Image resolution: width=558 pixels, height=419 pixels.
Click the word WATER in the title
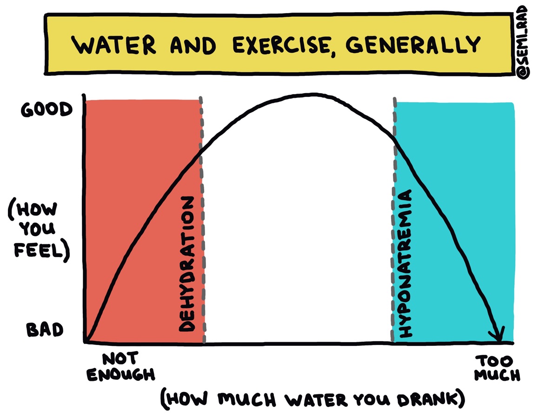(x=111, y=45)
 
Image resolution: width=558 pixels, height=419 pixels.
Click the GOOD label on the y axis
(x=46, y=110)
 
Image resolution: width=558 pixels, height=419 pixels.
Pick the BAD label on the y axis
(x=45, y=330)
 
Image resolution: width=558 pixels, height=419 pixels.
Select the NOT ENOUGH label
(x=120, y=367)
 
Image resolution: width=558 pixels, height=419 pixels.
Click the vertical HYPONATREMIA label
(x=405, y=264)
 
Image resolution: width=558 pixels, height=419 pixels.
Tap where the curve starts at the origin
(x=87, y=341)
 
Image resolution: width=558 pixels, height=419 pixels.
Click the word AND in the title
(x=193, y=45)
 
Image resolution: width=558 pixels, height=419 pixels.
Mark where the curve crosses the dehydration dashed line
(x=201, y=150)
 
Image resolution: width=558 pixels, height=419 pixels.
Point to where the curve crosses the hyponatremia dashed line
(x=395, y=138)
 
